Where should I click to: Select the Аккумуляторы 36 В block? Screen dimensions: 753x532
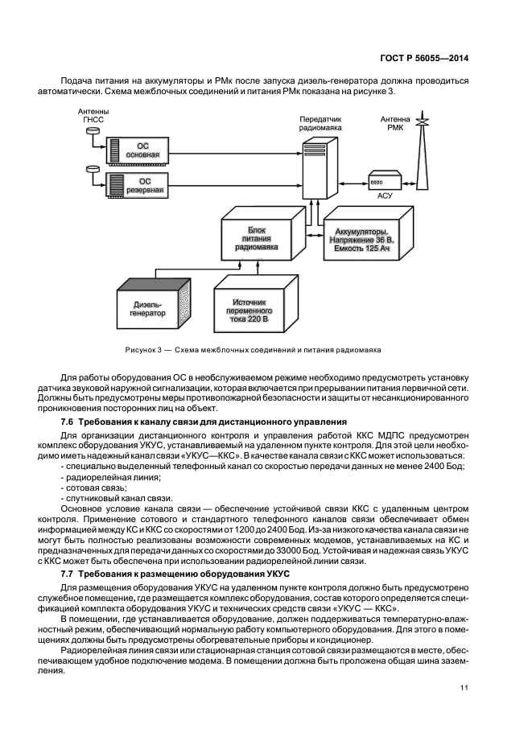[x=361, y=241]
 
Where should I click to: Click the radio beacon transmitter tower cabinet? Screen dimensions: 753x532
[x=319, y=169]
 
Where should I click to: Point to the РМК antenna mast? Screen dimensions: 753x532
[x=419, y=161]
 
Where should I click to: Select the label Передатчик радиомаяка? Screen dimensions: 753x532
[x=320, y=122]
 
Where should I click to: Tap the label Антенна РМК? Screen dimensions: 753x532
[x=395, y=122]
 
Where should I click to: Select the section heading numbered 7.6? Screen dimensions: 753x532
[x=204, y=422]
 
